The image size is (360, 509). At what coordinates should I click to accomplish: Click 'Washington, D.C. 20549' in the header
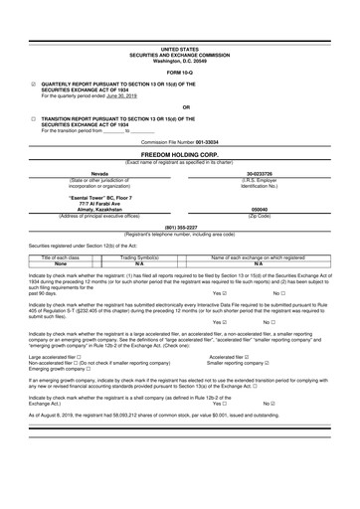click(x=180, y=60)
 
